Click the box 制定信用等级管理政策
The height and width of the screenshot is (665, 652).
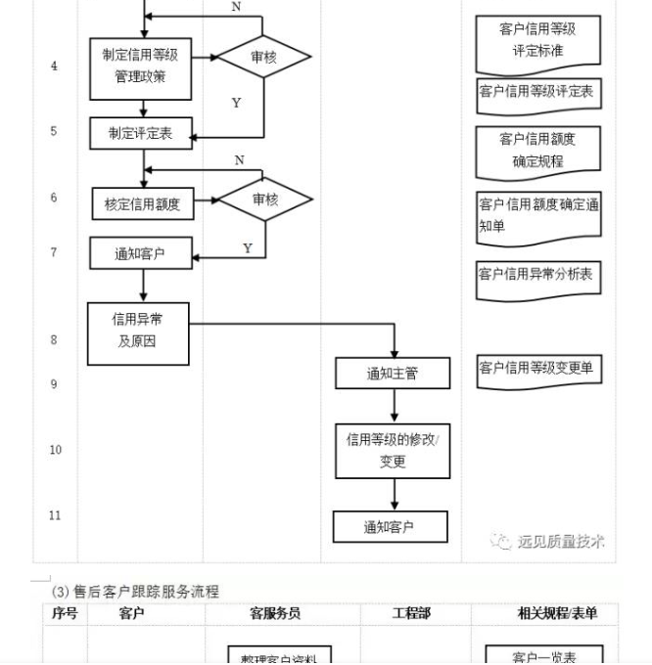click(x=140, y=66)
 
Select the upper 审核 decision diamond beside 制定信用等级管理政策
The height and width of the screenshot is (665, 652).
click(x=263, y=57)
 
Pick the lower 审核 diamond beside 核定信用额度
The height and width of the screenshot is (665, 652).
click(x=264, y=199)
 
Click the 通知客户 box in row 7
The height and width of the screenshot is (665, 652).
click(x=140, y=254)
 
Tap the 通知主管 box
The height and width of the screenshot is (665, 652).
click(x=393, y=373)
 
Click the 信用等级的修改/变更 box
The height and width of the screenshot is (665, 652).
click(x=393, y=450)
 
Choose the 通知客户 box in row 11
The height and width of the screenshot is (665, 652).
click(x=390, y=527)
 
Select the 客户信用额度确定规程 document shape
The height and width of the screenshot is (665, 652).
click(x=537, y=151)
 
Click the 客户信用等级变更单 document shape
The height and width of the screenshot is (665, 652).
click(x=536, y=369)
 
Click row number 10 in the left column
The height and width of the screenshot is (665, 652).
click(x=55, y=450)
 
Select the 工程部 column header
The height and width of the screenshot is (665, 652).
click(x=410, y=613)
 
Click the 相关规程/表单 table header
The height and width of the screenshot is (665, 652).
click(x=557, y=613)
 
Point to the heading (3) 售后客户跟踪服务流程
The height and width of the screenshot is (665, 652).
click(x=135, y=591)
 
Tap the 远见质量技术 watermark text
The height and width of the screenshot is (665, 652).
click(x=560, y=541)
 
